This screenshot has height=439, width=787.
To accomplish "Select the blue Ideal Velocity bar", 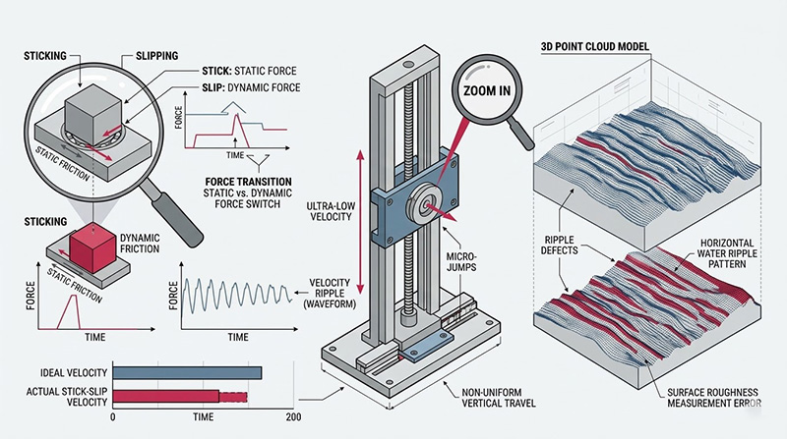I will [x=187, y=372].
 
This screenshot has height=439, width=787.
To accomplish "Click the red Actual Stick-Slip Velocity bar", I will [x=165, y=396].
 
